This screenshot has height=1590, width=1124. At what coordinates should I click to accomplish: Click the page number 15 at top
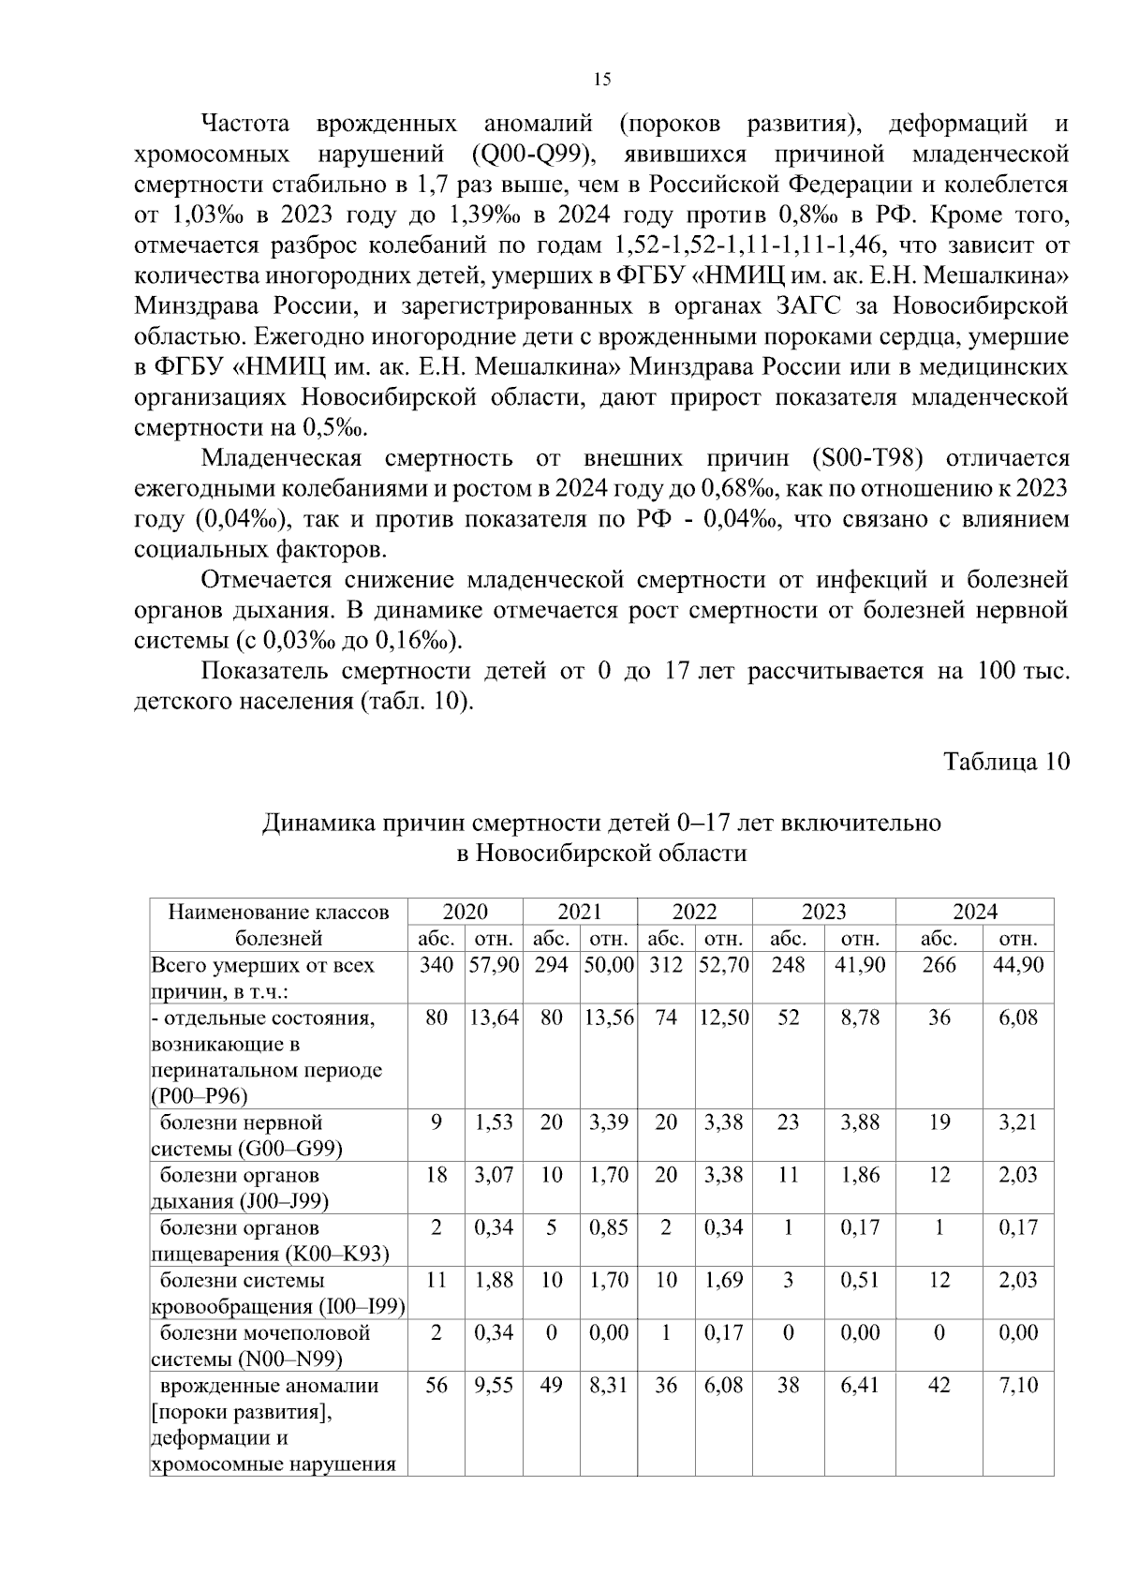[x=602, y=80]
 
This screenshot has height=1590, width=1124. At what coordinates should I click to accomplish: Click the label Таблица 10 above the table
[x=1006, y=761]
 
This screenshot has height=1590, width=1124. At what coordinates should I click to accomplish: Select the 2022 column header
[x=694, y=912]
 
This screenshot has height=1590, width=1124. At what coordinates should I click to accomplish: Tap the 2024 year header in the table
[x=975, y=912]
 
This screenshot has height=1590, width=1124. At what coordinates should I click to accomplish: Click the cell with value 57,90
[x=494, y=965]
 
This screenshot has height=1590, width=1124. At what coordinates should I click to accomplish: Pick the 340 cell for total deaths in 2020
[x=436, y=965]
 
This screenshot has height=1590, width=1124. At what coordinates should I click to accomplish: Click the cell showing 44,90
[x=1017, y=965]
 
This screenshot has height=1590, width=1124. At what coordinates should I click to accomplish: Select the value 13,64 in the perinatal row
[x=494, y=1018]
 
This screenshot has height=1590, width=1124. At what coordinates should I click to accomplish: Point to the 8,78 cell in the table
[x=860, y=1018]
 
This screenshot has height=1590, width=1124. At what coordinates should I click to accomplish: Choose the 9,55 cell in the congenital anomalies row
[x=494, y=1385]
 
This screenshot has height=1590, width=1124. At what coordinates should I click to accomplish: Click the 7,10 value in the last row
[x=1017, y=1385]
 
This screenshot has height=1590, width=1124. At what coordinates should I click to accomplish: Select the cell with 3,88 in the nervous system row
[x=860, y=1122]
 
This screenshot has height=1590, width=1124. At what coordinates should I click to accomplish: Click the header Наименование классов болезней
[x=278, y=925]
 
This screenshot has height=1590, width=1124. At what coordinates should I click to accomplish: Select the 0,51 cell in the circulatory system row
[x=860, y=1280]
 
